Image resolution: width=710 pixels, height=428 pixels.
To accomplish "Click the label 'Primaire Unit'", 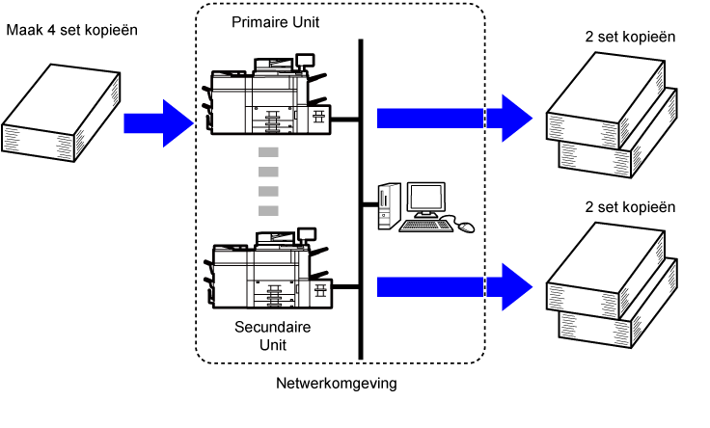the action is pyautogui.click(x=275, y=22).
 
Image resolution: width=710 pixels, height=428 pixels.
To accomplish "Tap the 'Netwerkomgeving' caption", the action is pyautogui.click(x=337, y=384).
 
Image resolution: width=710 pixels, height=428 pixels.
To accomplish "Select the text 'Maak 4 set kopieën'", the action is pyautogui.click(x=72, y=30).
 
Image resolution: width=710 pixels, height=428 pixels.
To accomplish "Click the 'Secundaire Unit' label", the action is pyautogui.click(x=273, y=335).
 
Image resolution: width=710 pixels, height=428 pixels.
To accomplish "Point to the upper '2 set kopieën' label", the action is pyautogui.click(x=630, y=37).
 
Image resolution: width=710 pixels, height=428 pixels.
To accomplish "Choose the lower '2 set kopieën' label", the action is pyautogui.click(x=630, y=207).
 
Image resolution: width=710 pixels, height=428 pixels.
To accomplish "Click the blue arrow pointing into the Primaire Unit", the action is pyautogui.click(x=159, y=123).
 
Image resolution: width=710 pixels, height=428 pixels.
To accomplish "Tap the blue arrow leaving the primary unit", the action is pyautogui.click(x=454, y=119).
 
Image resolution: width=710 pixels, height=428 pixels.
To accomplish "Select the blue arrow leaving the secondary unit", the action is pyautogui.click(x=454, y=287).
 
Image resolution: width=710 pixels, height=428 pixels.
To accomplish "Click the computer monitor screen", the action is pyautogui.click(x=426, y=199).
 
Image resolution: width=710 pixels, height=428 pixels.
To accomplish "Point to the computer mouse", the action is pyautogui.click(x=466, y=227).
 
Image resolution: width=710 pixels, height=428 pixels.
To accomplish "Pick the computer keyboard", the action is pyautogui.click(x=425, y=226).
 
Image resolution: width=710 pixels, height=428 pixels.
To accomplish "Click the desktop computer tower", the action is pyautogui.click(x=389, y=206).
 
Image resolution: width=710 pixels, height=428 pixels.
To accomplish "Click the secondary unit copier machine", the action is pyautogui.click(x=268, y=269).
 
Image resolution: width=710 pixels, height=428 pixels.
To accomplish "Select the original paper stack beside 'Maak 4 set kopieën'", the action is pyautogui.click(x=61, y=113).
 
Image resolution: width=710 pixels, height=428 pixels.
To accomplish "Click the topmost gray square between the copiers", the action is pyautogui.click(x=268, y=152).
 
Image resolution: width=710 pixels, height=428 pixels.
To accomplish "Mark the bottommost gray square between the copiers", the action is pyautogui.click(x=268, y=211).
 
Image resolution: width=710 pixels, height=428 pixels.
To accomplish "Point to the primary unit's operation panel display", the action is pyautogui.click(x=305, y=59).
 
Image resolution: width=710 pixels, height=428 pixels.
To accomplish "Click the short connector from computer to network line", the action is pyautogui.click(x=370, y=204).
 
